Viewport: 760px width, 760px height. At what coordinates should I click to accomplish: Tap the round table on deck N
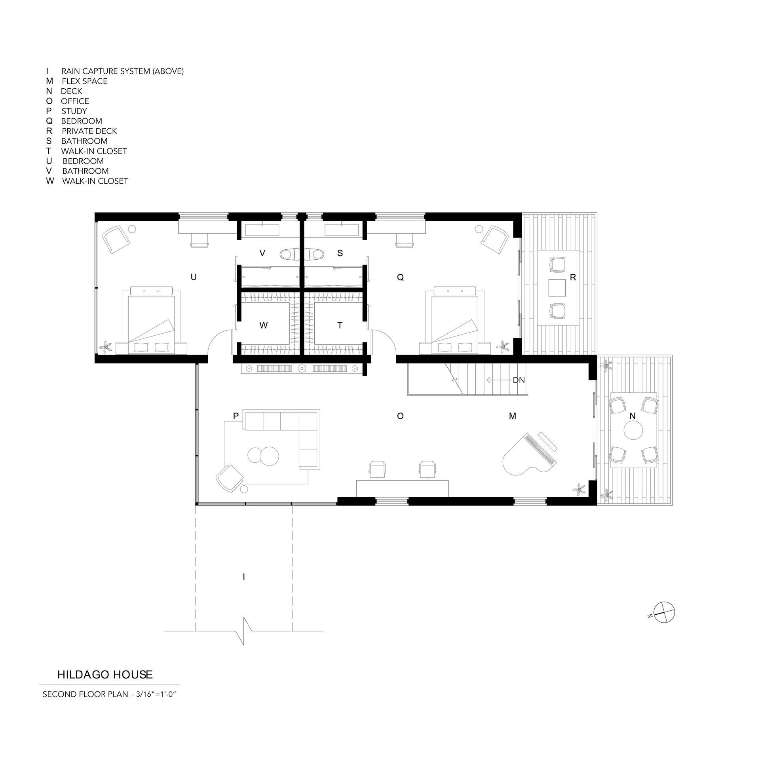633,430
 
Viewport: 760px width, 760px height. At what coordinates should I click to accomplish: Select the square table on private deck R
557,288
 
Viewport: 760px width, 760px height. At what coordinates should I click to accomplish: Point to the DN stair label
519,380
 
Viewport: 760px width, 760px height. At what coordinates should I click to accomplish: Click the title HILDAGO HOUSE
105,674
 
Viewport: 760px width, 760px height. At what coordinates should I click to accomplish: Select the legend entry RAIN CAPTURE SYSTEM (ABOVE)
122,71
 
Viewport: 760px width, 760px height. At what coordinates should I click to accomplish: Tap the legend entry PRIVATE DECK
89,131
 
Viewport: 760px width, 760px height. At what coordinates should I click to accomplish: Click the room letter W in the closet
263,325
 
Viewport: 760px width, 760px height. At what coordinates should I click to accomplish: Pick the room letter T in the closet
340,325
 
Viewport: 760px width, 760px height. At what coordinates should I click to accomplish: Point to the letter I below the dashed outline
244,577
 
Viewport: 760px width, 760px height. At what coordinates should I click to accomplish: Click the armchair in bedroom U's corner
116,239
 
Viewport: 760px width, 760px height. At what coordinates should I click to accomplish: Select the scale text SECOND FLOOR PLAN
85,694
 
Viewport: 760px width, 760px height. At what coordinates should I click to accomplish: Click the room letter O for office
400,416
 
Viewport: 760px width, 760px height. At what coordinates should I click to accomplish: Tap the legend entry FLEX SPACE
85,81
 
